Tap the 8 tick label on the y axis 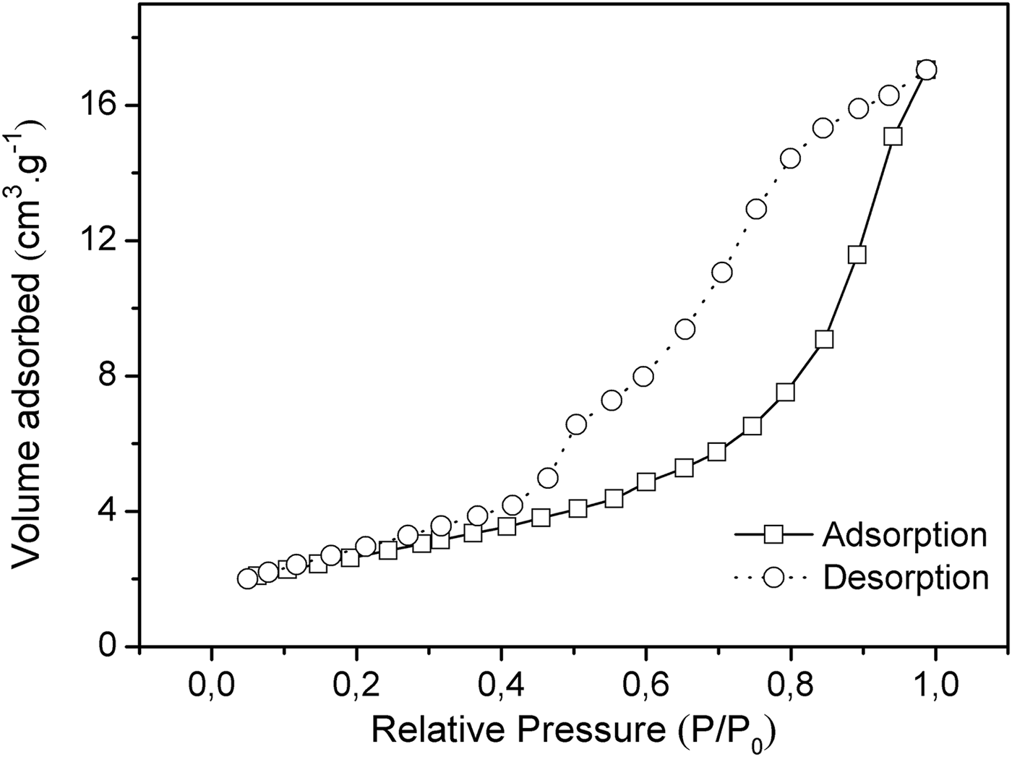[x=113, y=376]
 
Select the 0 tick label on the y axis [x=113, y=646]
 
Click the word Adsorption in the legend [x=904, y=535]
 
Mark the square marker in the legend [x=773, y=535]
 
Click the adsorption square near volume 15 [x=893, y=137]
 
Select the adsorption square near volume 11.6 [x=857, y=255]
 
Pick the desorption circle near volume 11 [x=722, y=273]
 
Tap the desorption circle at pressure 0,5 [x=576, y=424]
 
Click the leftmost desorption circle [x=247, y=578]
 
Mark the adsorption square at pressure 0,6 [x=646, y=482]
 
